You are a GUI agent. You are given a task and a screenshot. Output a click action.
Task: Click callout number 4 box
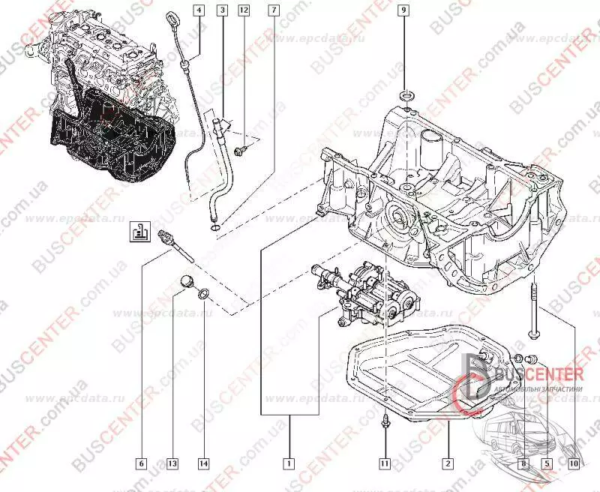[x=198, y=10]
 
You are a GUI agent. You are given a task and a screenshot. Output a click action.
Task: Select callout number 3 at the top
[x=222, y=10]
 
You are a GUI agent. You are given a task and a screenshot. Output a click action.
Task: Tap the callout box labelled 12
[x=244, y=10]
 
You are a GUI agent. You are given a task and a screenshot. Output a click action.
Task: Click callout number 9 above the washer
[x=403, y=10]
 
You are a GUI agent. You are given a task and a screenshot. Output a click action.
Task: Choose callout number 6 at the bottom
[x=142, y=463]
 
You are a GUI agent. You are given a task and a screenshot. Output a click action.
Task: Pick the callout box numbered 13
[x=172, y=463]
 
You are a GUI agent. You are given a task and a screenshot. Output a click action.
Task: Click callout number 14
[x=202, y=463]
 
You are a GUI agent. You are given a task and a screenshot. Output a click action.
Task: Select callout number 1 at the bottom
[x=287, y=463]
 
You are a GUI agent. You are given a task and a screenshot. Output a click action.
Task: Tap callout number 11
[x=383, y=463]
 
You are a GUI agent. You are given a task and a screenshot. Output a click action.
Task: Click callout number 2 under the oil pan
[x=447, y=463]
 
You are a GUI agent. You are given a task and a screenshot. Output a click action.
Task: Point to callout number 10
[x=574, y=463]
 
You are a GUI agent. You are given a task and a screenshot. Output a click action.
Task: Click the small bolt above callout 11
[x=383, y=422]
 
